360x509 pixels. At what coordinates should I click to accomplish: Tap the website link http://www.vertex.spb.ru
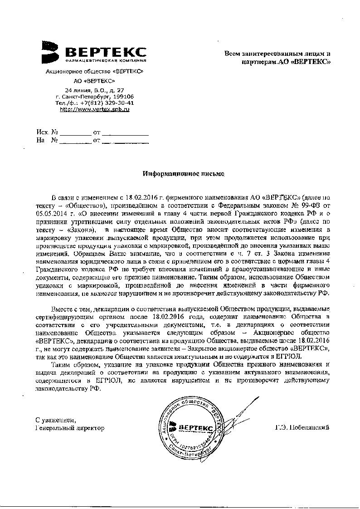[x=95, y=109]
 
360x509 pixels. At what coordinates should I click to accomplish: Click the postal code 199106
[x=123, y=97]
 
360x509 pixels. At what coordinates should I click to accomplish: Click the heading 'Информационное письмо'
[x=183, y=173]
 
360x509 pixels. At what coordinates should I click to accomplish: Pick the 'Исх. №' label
[x=47, y=132]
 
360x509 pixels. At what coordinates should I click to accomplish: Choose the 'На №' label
[x=47, y=141]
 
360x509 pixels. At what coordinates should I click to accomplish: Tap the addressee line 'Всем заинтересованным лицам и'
[x=278, y=54]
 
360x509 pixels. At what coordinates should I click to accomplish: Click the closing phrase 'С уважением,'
[x=53, y=420]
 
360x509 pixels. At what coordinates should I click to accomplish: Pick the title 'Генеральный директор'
[x=69, y=428]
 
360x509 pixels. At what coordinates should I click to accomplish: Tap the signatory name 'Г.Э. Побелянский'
[x=302, y=428]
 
